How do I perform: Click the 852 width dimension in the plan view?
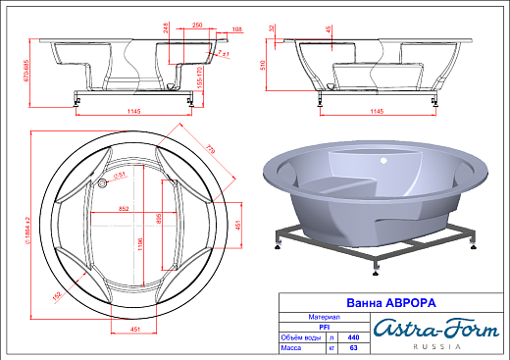point(125,209)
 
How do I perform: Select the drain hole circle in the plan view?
point(101,182)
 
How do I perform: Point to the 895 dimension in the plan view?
point(158,218)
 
